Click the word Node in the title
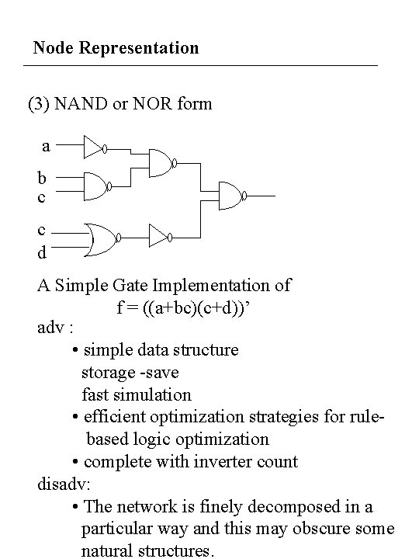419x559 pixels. [51, 48]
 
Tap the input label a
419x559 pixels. [46, 145]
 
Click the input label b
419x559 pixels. [42, 178]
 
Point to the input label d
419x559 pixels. [42, 252]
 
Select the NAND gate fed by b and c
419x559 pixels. [95, 185]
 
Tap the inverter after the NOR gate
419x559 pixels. [159, 234]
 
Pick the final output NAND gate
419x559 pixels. [232, 196]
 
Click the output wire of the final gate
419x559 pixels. [263, 196]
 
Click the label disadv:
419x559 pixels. [64, 484]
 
